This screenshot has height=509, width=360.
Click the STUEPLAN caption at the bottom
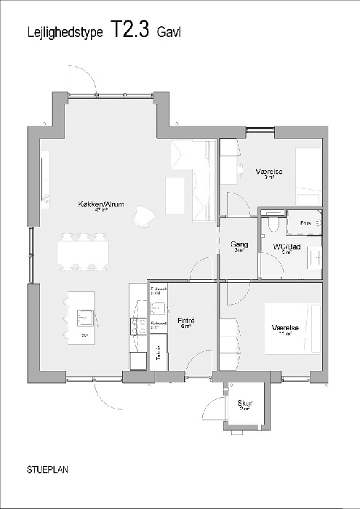point(49,470)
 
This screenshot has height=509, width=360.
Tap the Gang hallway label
point(239,244)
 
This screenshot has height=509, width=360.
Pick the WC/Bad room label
point(287,247)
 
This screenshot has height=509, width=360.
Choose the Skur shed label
point(244,404)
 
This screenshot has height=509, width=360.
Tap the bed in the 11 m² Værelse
point(308,332)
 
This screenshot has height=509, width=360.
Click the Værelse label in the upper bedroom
point(268,172)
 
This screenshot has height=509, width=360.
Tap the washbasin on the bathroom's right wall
point(317,256)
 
